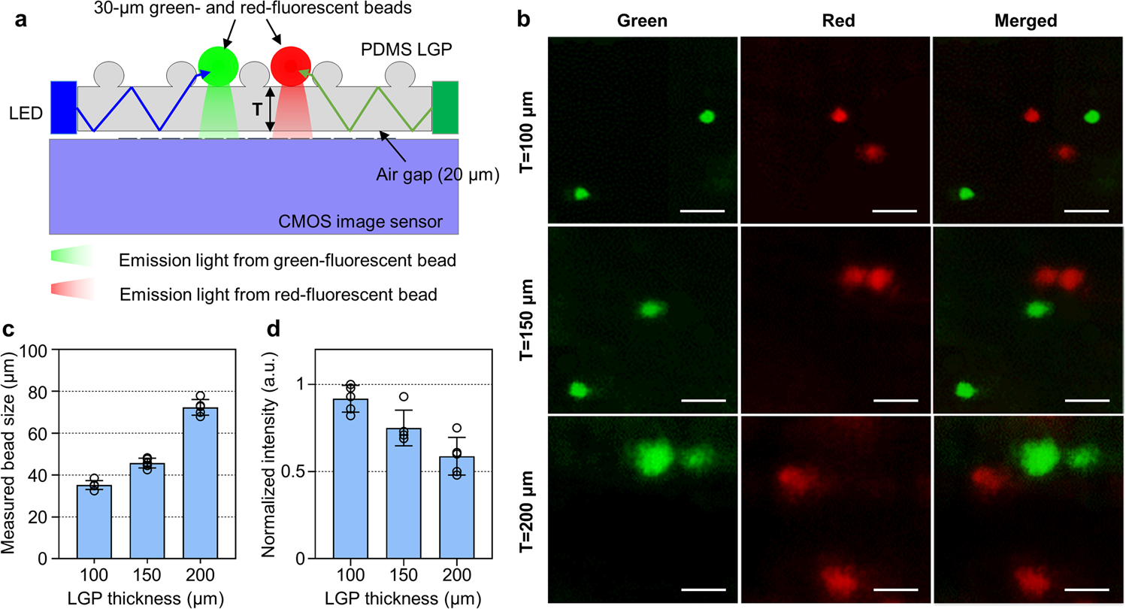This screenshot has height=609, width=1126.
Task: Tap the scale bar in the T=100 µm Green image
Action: [701, 211]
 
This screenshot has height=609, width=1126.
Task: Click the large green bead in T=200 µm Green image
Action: [653, 456]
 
